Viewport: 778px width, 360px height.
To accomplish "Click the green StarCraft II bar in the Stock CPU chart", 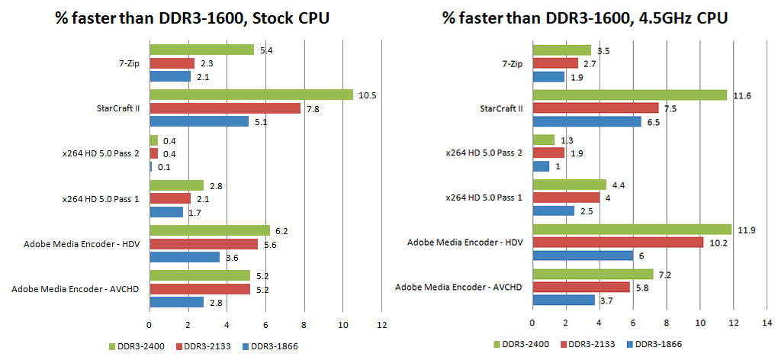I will [251, 95].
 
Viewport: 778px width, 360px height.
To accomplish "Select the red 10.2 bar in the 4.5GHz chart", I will [617, 242].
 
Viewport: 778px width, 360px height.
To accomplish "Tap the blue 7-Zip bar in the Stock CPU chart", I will [169, 76].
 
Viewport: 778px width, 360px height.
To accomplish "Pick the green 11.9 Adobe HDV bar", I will [631, 229].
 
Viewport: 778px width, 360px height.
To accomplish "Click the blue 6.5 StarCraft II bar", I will [586, 121].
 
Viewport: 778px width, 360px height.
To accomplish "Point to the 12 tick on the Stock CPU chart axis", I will [382, 325].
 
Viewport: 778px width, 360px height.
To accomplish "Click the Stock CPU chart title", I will [192, 18].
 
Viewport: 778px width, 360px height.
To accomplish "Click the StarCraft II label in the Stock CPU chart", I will [119, 108].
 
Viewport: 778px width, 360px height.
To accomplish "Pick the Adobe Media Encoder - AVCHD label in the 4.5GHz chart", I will [458, 287].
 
